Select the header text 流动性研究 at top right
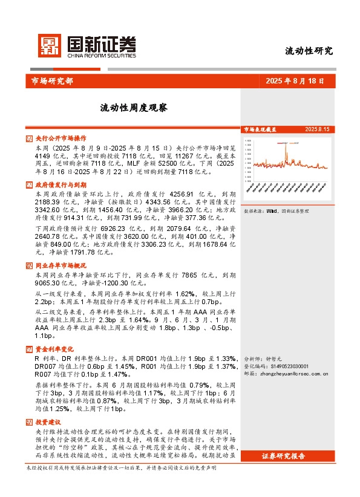click(309, 51)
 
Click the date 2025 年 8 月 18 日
click(295, 80)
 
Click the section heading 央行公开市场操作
click(61, 138)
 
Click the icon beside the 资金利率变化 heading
click(30, 349)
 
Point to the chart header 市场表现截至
click(260, 129)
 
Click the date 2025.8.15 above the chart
click(317, 129)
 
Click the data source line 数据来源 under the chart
click(275, 211)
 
